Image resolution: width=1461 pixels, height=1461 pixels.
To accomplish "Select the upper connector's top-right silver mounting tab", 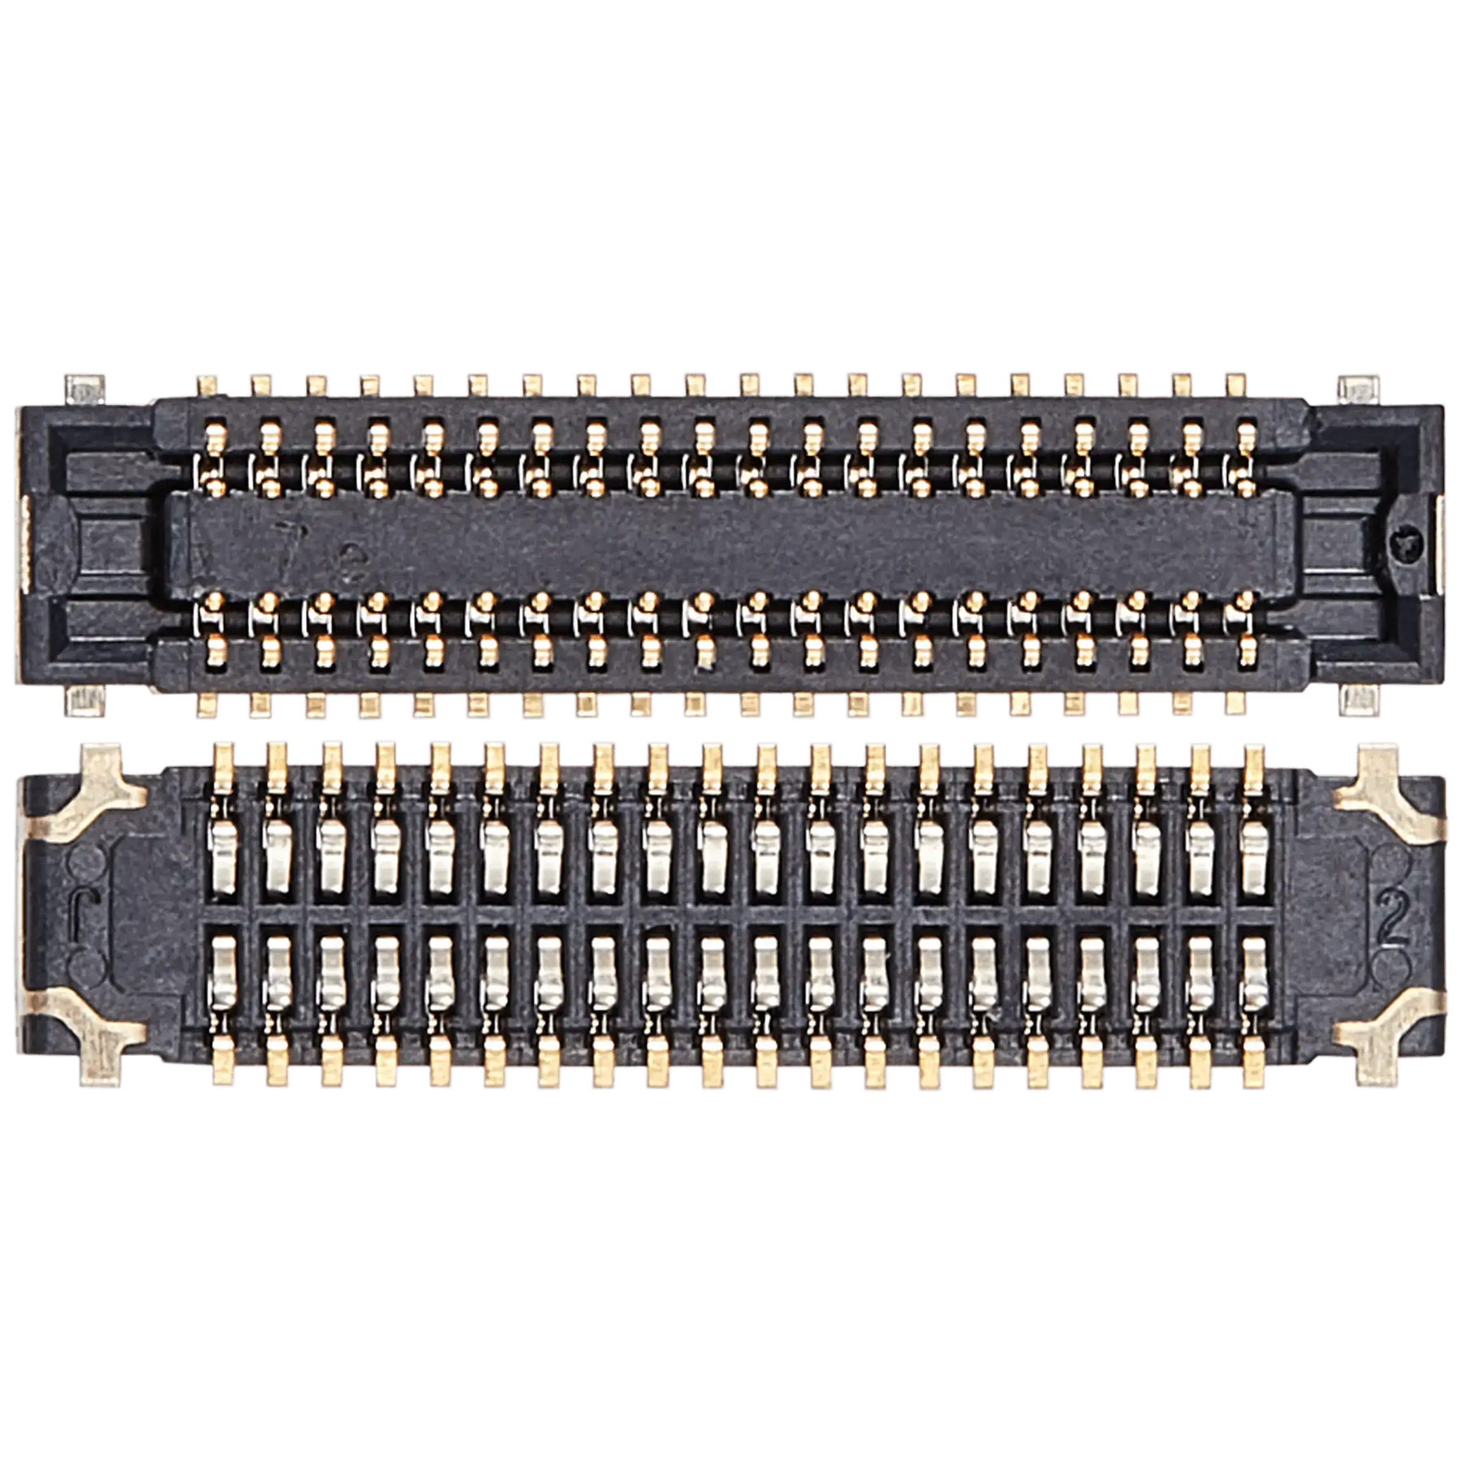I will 1354,386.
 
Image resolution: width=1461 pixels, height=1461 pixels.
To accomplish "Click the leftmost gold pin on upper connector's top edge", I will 205,383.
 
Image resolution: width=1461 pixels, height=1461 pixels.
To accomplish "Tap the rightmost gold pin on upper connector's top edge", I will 1236,383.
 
